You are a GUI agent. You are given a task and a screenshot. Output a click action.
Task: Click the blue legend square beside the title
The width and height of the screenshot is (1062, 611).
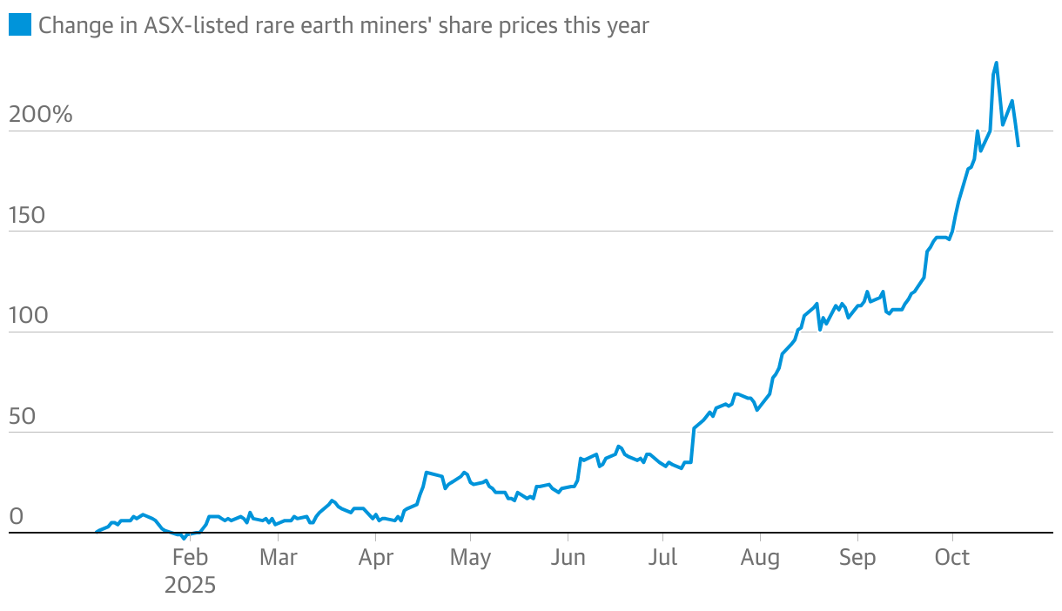pyautogui.click(x=19, y=25)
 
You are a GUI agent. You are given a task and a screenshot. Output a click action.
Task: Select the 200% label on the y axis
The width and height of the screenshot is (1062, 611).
pyautogui.click(x=40, y=115)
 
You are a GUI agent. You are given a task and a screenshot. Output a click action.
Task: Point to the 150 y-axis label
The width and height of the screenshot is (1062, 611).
pyautogui.click(x=27, y=215)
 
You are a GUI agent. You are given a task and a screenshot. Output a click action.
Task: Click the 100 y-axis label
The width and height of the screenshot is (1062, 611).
pyautogui.click(x=27, y=316)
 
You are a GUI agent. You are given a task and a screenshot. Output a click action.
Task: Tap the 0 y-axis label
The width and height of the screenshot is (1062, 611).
pyautogui.click(x=16, y=517)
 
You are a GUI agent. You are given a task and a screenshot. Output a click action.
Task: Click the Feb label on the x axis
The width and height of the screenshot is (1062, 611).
pyautogui.click(x=190, y=557)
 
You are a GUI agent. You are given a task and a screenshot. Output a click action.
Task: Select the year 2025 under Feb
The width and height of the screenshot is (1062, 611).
pyautogui.click(x=190, y=585)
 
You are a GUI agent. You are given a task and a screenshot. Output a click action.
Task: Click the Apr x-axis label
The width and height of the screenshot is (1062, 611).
pyautogui.click(x=375, y=557)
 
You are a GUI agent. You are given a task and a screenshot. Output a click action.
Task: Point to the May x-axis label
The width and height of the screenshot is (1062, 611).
pyautogui.click(x=470, y=557)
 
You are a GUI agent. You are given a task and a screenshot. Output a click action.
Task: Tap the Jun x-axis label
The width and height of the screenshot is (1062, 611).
pyautogui.click(x=568, y=557)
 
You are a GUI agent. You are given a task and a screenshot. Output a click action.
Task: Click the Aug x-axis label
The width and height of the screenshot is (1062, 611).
pyautogui.click(x=760, y=557)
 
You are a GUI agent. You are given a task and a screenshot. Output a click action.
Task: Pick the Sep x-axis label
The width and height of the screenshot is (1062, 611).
pyautogui.click(x=857, y=557)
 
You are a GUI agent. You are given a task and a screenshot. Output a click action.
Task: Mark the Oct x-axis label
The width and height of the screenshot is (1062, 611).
pyautogui.click(x=952, y=557)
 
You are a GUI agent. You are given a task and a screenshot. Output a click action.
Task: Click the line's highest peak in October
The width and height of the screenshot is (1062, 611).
pyautogui.click(x=997, y=63)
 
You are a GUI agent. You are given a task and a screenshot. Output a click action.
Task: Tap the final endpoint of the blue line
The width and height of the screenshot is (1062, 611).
pyautogui.click(x=1018, y=146)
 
